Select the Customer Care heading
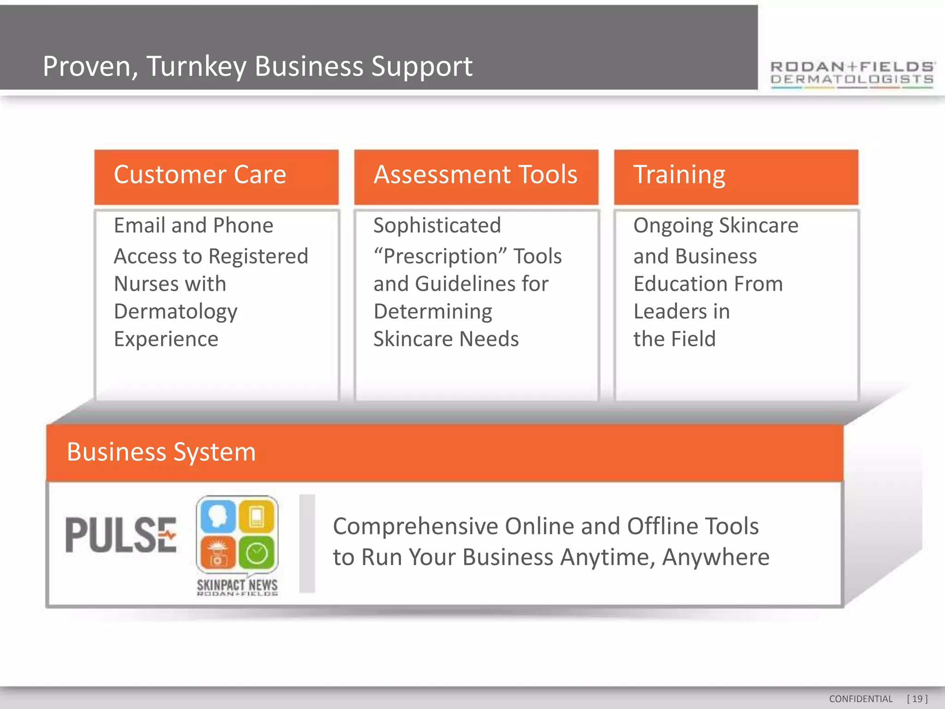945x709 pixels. pyautogui.click(x=200, y=175)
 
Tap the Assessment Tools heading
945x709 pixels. pyautogui.click(x=475, y=175)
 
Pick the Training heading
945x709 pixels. pyautogui.click(x=679, y=175)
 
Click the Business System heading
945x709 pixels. pyautogui.click(x=161, y=452)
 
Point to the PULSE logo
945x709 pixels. pyautogui.click(x=121, y=535)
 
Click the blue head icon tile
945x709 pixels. pyautogui.click(x=217, y=516)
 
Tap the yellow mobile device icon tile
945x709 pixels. pyautogui.click(x=257, y=516)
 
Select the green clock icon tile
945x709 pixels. pyautogui.click(x=257, y=553)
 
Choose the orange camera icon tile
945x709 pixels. pyautogui.click(x=217, y=553)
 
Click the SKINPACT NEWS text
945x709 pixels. pyautogui.click(x=237, y=585)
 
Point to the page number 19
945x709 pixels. pyautogui.click(x=917, y=699)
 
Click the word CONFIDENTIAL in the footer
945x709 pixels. pyautogui.click(x=861, y=699)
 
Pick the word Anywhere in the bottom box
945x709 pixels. pyautogui.click(x=716, y=557)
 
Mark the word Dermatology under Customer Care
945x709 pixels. pyautogui.click(x=175, y=312)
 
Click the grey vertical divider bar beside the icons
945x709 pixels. pyautogui.click(x=307, y=543)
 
